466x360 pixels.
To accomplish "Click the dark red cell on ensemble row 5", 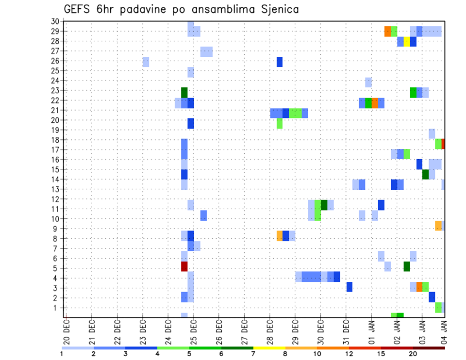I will [x=184, y=266].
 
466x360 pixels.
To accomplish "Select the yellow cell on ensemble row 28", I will [x=407, y=42].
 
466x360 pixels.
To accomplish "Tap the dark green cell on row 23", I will [x=184, y=92].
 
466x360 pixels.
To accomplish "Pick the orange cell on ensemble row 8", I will [x=280, y=236].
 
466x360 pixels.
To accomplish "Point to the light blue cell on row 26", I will [x=146, y=62].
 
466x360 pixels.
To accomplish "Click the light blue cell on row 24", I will [x=368, y=82].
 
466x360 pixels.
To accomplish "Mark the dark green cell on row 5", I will [x=407, y=266].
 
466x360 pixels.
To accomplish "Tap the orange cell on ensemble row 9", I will [x=438, y=226].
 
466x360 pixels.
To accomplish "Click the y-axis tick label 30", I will [x=55, y=21].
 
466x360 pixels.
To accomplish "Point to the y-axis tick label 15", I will [x=55, y=169].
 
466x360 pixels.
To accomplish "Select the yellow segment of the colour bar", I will [x=269, y=348].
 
